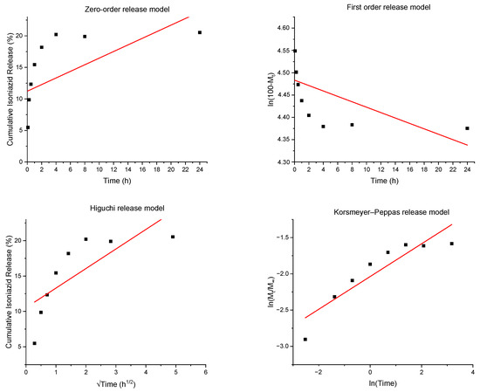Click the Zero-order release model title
[x=127, y=10]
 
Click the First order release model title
[x=388, y=7]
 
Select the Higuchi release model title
[x=127, y=209]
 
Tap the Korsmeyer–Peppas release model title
[x=392, y=212]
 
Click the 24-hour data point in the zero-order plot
[x=200, y=32]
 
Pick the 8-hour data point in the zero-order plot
[x=85, y=37]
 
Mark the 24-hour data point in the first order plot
[x=467, y=128]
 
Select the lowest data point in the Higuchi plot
[x=35, y=343]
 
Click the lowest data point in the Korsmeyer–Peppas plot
[x=305, y=340]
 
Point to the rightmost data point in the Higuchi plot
[x=173, y=237]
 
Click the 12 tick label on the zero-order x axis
[x=113, y=169]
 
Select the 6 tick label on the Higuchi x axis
[x=206, y=373]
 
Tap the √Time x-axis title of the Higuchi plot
[x=116, y=384]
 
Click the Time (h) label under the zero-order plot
[x=117, y=181]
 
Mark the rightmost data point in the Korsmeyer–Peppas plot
[x=451, y=244]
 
